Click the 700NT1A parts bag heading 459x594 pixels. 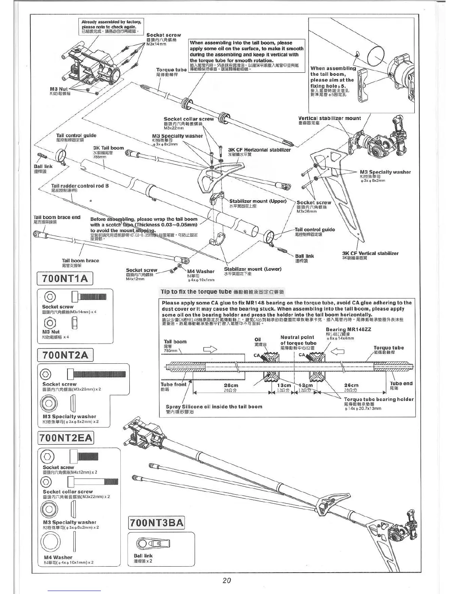[x=65, y=279]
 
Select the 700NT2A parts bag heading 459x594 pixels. [x=65, y=355]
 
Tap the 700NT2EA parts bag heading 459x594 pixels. [x=66, y=438]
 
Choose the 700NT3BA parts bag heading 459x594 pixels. [x=157, y=522]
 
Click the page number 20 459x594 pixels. [x=226, y=580]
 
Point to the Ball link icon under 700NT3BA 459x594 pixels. [x=154, y=543]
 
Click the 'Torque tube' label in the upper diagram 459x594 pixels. [x=171, y=70]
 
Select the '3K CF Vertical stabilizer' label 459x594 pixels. [x=370, y=253]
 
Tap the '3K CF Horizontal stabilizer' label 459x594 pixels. [x=259, y=150]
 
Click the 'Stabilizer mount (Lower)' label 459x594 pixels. [x=252, y=269]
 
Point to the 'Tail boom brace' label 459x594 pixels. [x=80, y=261]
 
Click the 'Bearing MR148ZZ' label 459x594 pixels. [x=348, y=330]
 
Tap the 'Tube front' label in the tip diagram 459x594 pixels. [x=173, y=384]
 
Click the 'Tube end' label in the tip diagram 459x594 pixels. [x=401, y=383]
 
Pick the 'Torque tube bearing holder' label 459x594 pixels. [x=378, y=399]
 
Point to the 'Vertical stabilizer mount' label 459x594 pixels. [x=329, y=118]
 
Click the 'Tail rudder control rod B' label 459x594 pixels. [x=80, y=186]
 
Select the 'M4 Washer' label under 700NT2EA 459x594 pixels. [x=58, y=557]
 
